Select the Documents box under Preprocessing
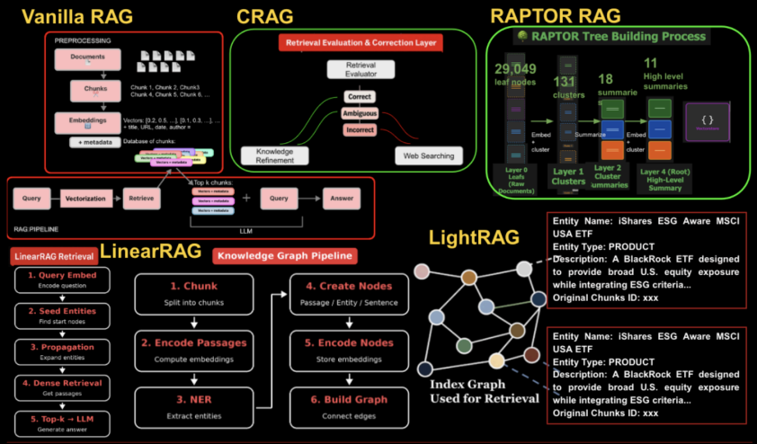point(87,59)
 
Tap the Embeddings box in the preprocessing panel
point(87,121)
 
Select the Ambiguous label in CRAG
point(360,113)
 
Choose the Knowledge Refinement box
point(275,155)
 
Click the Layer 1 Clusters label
point(568,175)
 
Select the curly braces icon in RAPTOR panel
point(707,120)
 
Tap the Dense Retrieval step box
point(62,386)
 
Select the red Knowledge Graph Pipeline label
point(283,256)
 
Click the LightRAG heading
point(473,239)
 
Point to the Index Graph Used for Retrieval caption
point(485,392)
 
